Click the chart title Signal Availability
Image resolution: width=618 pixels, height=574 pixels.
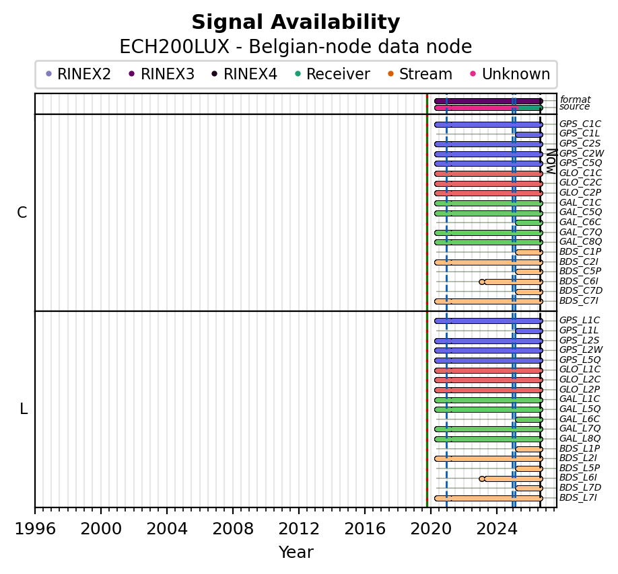296,22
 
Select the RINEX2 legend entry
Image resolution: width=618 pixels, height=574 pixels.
79,74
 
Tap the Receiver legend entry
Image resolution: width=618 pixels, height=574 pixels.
333,74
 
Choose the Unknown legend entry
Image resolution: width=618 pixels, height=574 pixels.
510,74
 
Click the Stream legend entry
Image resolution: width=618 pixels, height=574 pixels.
420,74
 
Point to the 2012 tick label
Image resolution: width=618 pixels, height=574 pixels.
299,529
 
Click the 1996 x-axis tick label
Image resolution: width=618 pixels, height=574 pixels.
35,529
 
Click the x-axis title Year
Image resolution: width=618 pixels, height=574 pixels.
296,552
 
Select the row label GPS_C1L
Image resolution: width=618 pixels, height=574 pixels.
580,134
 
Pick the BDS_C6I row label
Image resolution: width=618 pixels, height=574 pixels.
578,282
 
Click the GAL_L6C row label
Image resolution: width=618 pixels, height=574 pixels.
580,419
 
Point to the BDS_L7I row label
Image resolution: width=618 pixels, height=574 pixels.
578,497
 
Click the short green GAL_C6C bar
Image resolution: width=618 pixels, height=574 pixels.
529,223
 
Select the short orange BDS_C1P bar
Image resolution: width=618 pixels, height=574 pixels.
529,253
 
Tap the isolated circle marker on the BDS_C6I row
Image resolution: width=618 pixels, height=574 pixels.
481,282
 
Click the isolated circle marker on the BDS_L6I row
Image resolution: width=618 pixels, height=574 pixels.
481,479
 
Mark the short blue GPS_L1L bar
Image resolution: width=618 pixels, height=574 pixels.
529,331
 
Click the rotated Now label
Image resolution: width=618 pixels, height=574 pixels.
551,162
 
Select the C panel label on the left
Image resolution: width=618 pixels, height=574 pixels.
22,213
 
